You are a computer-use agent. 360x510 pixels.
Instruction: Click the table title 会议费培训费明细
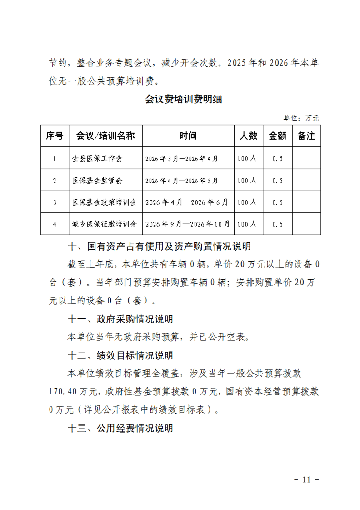[184, 99]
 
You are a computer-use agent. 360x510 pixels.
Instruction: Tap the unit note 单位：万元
[301, 118]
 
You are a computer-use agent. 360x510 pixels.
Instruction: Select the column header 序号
[55, 136]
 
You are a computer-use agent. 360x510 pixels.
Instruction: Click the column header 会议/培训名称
[105, 136]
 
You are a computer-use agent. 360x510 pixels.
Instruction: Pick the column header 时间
[188, 136]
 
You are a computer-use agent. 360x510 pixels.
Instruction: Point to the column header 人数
[249, 136]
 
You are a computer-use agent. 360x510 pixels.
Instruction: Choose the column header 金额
[278, 136]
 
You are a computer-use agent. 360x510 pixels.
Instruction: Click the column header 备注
[306, 136]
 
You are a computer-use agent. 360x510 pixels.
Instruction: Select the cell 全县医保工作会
[97, 158]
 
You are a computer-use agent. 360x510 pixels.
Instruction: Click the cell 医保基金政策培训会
[105, 202]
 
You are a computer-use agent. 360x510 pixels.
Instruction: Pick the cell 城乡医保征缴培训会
[105, 224]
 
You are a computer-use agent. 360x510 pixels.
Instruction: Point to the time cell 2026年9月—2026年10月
[188, 224]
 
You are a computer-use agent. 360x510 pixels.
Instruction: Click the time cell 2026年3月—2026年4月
[182, 158]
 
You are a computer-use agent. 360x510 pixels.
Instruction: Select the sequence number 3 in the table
[55, 202]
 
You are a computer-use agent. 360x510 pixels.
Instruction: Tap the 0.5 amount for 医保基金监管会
[278, 181]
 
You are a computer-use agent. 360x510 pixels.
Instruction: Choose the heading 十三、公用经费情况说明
[120, 428]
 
